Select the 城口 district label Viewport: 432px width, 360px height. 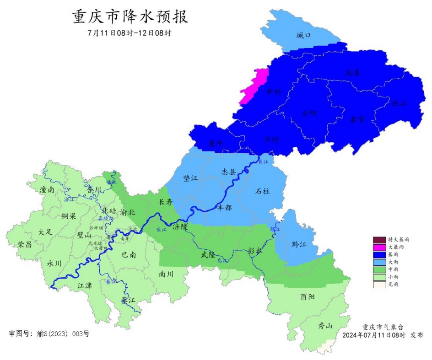click(303, 35)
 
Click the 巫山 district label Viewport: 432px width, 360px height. click(399, 103)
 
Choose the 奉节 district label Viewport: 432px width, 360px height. click(357, 120)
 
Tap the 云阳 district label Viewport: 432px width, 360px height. click(309, 113)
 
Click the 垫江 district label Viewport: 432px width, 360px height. click(190, 178)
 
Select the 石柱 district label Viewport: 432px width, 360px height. click(262, 191)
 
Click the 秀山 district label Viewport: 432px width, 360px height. click(325, 326)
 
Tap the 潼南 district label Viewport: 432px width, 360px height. click(47, 189)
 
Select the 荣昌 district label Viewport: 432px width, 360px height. click(25, 244)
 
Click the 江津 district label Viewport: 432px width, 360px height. click(85, 285)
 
